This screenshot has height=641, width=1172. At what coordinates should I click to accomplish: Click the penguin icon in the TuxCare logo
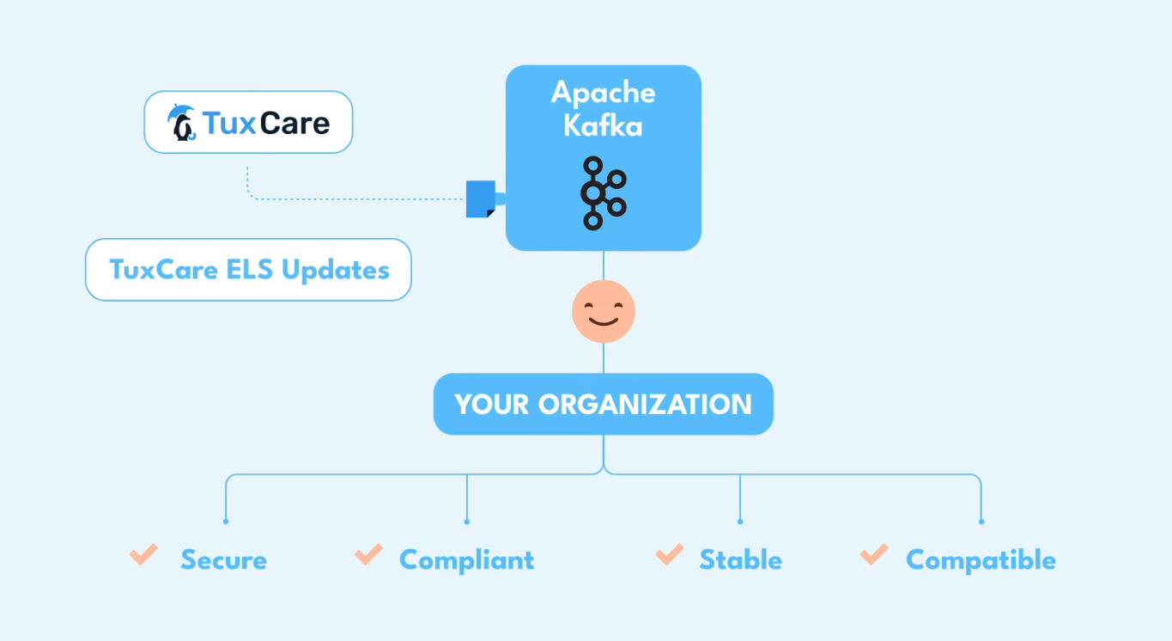click(x=182, y=123)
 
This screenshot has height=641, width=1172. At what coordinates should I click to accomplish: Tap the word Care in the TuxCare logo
click(x=295, y=123)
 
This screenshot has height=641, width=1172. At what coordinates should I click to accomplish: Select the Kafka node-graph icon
click(x=603, y=192)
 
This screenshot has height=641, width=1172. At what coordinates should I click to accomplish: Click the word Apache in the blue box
click(x=603, y=92)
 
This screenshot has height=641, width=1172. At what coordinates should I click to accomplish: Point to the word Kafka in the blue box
click(x=603, y=125)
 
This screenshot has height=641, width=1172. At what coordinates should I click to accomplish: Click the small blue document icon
click(x=480, y=198)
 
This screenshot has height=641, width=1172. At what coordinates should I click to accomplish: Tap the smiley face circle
click(x=603, y=311)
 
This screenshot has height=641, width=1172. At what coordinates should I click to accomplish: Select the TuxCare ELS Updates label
click(x=248, y=270)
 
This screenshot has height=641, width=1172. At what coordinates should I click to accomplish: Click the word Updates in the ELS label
click(x=336, y=270)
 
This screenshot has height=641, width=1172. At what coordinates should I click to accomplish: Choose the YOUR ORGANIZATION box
click(x=603, y=404)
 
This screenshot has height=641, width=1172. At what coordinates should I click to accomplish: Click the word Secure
click(x=223, y=560)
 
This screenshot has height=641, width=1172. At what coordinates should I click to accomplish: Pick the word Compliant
click(x=466, y=560)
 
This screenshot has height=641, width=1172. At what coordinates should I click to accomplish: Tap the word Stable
click(x=740, y=560)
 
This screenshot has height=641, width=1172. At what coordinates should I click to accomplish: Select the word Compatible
click(x=981, y=560)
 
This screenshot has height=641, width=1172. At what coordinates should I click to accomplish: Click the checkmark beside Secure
click(x=143, y=555)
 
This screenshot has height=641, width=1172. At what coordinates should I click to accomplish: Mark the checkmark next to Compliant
click(x=368, y=555)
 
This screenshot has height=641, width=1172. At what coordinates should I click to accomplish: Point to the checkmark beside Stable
click(x=669, y=555)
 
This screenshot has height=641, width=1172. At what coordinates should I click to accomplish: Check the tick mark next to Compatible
click(x=874, y=555)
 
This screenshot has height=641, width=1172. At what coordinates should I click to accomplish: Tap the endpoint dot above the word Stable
click(x=740, y=521)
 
